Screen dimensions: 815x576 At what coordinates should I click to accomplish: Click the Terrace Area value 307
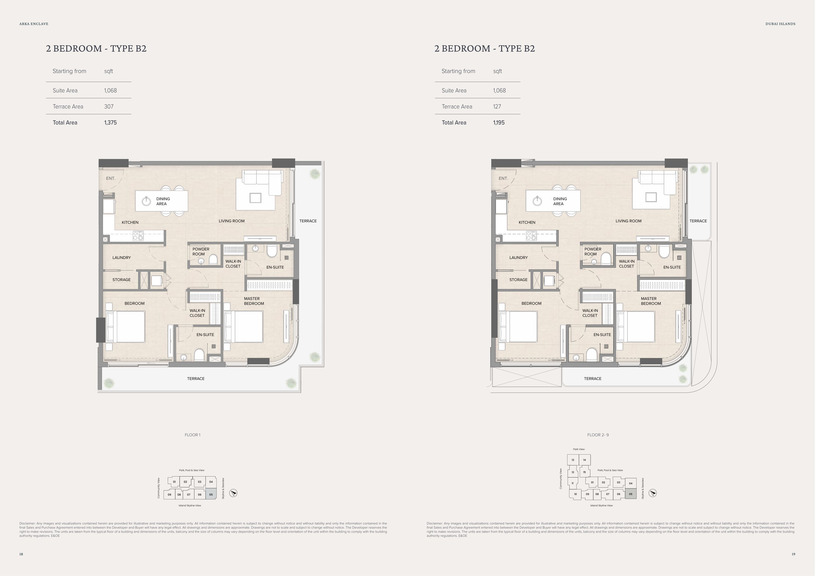pos(109,106)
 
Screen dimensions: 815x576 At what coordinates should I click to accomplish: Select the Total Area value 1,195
pos(499,122)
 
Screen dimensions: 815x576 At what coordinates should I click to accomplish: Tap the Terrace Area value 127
pos(497,106)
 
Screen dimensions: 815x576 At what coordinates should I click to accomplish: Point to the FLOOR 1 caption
pos(192,435)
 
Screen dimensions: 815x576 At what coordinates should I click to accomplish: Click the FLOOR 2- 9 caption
pos(598,435)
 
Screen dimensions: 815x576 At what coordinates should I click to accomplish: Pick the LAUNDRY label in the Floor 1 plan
pos(121,258)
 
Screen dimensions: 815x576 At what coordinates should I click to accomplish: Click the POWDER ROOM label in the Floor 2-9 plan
pos(593,251)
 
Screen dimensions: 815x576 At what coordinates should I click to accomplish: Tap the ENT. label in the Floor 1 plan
pos(110,178)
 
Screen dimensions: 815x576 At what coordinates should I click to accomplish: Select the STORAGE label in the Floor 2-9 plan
pos(518,280)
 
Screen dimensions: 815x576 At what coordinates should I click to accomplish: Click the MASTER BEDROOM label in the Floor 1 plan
pos(254,301)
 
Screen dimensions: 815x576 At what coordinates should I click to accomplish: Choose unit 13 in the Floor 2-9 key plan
pos(573,460)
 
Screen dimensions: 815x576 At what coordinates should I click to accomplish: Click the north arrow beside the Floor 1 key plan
pos(233,493)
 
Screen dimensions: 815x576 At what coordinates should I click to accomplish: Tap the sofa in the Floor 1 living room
pos(262,182)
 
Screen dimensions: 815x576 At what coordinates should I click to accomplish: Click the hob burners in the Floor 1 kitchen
pos(138,236)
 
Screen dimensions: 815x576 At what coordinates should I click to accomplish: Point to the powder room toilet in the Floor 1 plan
pos(213,259)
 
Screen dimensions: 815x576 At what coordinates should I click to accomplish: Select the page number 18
pos(21,554)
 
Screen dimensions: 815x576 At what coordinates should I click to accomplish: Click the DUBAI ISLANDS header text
pos(781,24)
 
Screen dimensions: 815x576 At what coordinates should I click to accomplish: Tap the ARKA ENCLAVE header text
pos(34,24)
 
